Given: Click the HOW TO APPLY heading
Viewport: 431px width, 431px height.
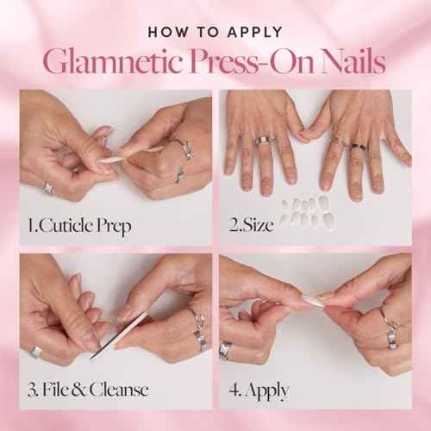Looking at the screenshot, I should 215,32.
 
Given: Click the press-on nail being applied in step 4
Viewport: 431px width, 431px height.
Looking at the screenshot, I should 312,301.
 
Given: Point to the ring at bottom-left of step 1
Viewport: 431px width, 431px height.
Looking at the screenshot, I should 49,188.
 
